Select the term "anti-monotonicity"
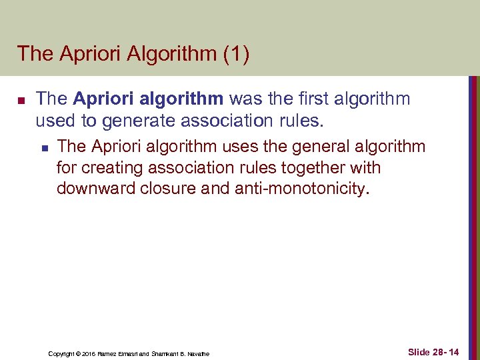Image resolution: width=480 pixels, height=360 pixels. click(300, 189)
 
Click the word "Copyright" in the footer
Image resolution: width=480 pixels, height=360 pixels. click(61, 353)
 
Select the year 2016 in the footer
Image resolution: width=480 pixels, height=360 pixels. click(90, 353)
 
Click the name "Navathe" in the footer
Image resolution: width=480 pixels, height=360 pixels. click(198, 353)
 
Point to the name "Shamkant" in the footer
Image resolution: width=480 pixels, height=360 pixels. click(163, 353)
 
